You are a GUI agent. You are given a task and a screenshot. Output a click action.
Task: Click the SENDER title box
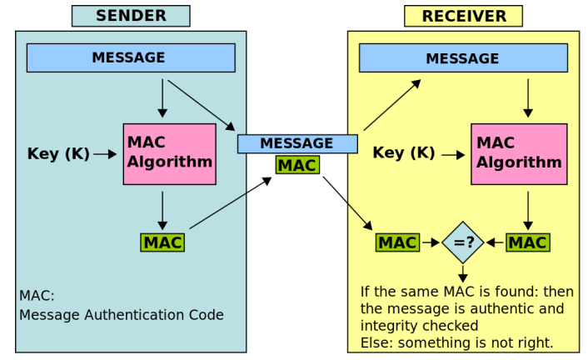click(131, 16)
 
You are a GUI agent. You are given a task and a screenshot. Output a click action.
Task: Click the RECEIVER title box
click(463, 16)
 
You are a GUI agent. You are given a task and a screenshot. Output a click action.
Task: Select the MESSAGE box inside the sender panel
click(131, 57)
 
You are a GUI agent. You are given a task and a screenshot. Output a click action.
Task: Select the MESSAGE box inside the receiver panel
click(463, 57)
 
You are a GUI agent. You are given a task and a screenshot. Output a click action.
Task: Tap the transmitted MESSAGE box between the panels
click(297, 144)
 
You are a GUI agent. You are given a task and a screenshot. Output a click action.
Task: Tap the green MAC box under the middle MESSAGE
click(297, 165)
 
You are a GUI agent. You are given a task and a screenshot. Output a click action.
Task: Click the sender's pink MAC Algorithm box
click(170, 154)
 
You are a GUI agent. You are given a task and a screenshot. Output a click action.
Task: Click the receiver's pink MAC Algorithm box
click(519, 154)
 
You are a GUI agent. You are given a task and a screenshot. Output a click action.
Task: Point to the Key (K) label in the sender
click(58, 153)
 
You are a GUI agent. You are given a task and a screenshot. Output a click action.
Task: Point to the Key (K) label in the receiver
click(404, 152)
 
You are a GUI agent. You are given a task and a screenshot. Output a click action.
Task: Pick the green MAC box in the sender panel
click(162, 242)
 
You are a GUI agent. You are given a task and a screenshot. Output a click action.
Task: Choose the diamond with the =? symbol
click(463, 242)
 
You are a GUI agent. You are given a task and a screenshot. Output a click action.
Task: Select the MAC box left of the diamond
click(397, 242)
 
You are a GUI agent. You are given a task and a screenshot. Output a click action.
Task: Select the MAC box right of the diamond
click(528, 242)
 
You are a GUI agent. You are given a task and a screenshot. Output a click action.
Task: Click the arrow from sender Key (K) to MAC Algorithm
click(105, 154)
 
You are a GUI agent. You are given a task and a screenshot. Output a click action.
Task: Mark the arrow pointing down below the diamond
click(463, 274)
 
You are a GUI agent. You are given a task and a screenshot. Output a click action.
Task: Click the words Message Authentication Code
click(122, 314)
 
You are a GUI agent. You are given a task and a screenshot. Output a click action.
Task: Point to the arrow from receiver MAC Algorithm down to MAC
click(528, 211)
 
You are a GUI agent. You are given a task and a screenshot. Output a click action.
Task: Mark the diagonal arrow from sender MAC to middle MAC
click(231, 202)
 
